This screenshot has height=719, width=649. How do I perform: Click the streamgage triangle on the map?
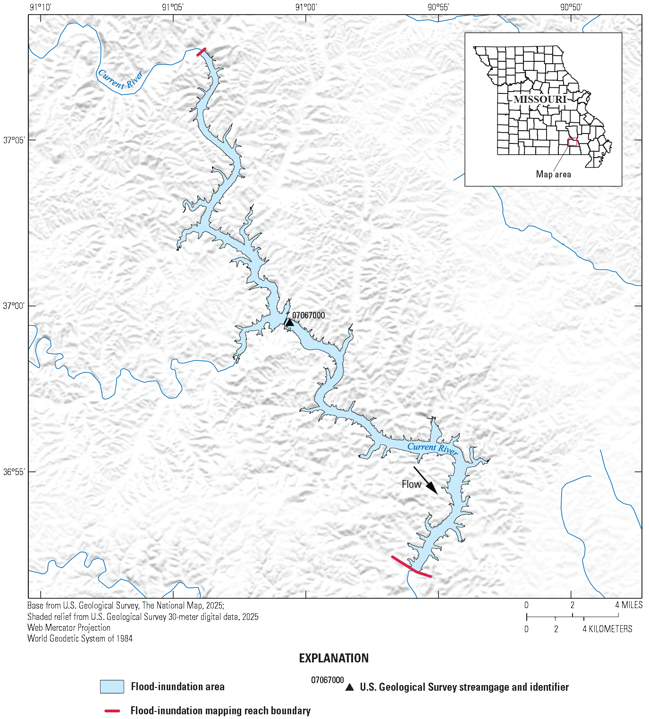click(x=290, y=323)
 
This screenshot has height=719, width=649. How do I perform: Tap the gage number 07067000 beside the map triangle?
click(x=308, y=315)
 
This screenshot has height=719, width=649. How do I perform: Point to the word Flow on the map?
click(x=411, y=484)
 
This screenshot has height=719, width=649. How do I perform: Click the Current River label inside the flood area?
click(x=432, y=448)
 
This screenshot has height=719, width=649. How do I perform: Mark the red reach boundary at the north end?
click(x=201, y=51)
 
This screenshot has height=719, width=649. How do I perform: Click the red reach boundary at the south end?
click(x=411, y=567)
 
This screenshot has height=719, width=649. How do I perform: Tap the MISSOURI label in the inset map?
click(x=540, y=100)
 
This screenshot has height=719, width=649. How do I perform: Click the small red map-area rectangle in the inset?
click(x=573, y=142)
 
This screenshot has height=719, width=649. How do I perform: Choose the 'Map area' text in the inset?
click(x=553, y=174)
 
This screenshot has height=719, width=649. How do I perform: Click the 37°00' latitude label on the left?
click(x=14, y=306)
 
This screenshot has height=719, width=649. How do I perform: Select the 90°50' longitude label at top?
click(x=571, y=7)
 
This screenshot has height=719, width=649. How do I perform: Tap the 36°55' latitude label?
click(x=14, y=471)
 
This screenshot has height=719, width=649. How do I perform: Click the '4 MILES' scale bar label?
click(x=629, y=605)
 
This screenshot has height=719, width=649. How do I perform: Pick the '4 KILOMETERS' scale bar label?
click(x=607, y=629)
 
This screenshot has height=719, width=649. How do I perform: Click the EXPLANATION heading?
click(x=334, y=658)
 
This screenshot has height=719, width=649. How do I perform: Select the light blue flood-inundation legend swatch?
click(x=112, y=686)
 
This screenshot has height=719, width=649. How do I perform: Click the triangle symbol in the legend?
click(x=349, y=687)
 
